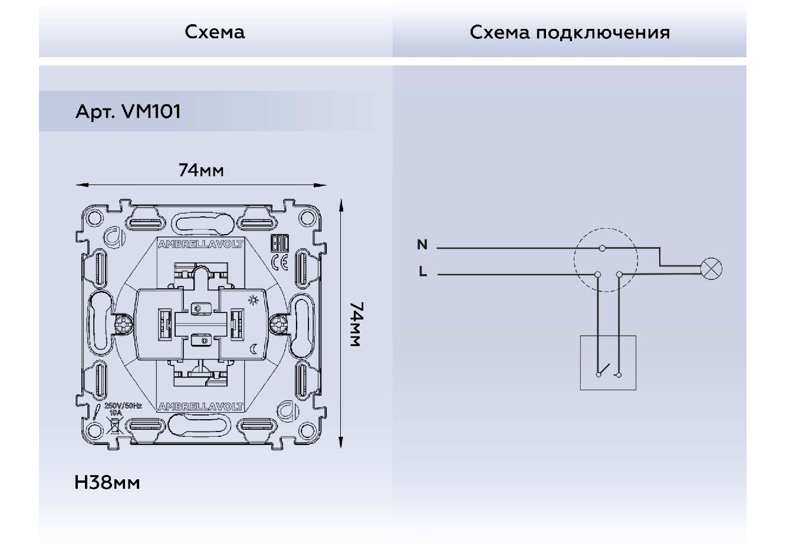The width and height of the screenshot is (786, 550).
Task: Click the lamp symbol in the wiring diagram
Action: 711,269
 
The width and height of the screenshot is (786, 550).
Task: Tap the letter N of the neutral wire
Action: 422,245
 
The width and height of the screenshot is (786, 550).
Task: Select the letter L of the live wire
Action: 422,272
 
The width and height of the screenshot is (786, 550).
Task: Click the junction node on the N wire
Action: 602,248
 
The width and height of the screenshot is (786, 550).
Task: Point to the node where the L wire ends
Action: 598,274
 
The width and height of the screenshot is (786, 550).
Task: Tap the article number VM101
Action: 150,111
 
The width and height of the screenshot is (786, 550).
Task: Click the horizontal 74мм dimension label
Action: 201,170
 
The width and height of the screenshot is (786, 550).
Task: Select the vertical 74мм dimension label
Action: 356,325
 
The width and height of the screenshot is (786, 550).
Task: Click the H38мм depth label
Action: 107,483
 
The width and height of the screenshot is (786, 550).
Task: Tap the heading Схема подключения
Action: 570,32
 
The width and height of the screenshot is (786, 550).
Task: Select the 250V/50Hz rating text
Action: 123,406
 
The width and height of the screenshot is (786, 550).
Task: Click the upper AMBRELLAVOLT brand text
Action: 200,243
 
